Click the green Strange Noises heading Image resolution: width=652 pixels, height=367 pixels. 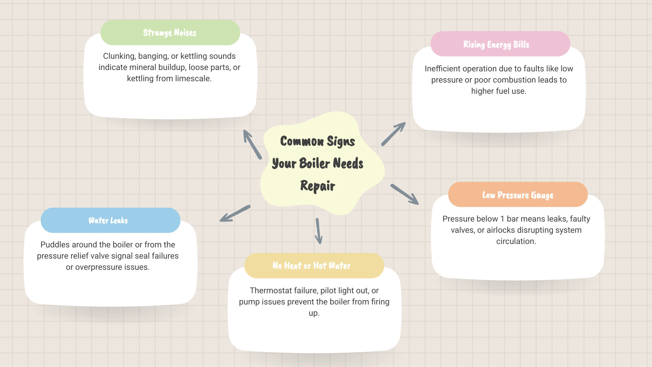click(x=170, y=33)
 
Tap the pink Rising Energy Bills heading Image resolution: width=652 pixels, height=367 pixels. click(x=496, y=45)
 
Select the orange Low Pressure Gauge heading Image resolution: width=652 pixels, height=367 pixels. click(x=518, y=195)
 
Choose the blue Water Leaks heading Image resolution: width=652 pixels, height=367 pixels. click(x=108, y=221)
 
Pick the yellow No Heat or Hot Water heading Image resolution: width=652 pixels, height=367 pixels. click(x=311, y=266)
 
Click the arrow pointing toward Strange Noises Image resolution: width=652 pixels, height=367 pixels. click(x=252, y=144)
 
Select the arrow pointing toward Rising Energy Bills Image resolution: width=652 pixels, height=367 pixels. click(x=393, y=134)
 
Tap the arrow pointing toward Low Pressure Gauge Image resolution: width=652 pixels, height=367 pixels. click(x=404, y=194)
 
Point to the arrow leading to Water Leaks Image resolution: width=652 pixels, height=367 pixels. click(x=235, y=213)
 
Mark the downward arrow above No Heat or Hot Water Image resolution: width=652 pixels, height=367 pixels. click(x=318, y=231)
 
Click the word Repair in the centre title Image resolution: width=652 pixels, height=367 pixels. click(x=318, y=186)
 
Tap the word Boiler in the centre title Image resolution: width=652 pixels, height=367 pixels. click(x=314, y=163)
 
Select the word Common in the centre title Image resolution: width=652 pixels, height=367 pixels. click(x=302, y=141)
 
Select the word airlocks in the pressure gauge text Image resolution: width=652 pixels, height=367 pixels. click(x=501, y=230)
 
